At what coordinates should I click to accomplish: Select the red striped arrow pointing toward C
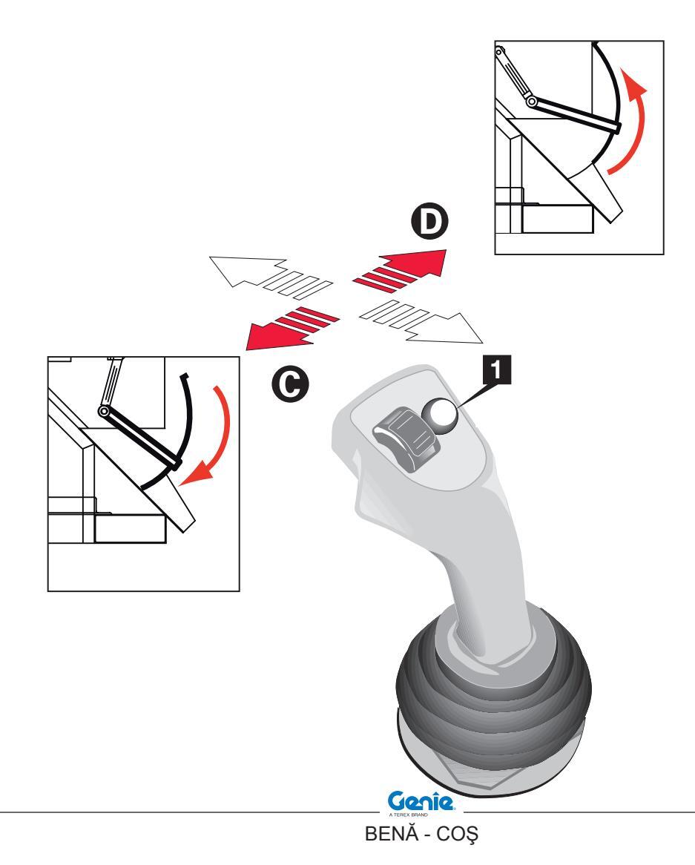[x=289, y=327]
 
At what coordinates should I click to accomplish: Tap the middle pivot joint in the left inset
[x=105, y=411]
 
